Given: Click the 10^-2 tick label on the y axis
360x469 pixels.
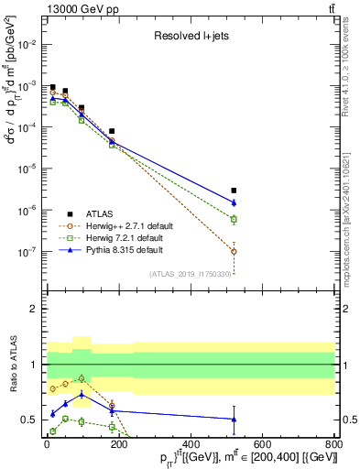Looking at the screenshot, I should point(29,43).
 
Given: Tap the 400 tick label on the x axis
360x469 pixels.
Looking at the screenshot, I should point(190,445).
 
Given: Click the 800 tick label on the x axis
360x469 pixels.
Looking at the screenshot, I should point(333,445).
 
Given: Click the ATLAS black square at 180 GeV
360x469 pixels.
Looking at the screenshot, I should point(112,131).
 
